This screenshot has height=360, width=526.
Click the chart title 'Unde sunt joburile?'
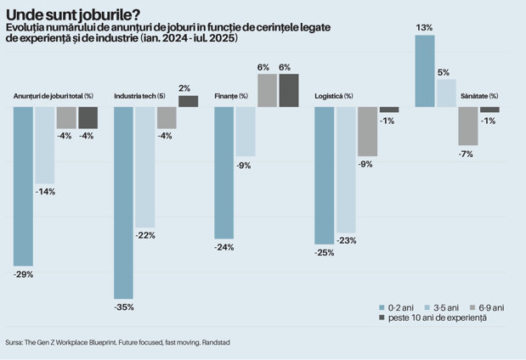(73, 15)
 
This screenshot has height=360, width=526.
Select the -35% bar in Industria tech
(123, 203)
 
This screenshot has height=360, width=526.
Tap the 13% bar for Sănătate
(425, 71)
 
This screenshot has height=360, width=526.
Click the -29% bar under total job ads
(23, 187)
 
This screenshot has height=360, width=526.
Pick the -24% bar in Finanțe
(224, 173)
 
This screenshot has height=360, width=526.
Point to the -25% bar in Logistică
(325, 176)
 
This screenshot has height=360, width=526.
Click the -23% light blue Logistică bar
(346, 170)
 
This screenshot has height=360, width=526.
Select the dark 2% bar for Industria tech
(188, 101)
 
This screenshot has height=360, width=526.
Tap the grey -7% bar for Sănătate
(468, 126)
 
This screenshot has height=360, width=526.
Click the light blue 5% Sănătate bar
(446, 93)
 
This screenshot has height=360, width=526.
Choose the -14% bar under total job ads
(45, 145)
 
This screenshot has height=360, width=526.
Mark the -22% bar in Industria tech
(145, 167)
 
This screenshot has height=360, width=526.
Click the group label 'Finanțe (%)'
(231, 96)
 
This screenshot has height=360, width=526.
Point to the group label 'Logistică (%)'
(334, 96)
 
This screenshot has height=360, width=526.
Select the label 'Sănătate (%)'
(479, 96)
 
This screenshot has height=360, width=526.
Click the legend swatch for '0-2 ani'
(382, 307)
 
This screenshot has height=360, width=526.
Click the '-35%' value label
(124, 307)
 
